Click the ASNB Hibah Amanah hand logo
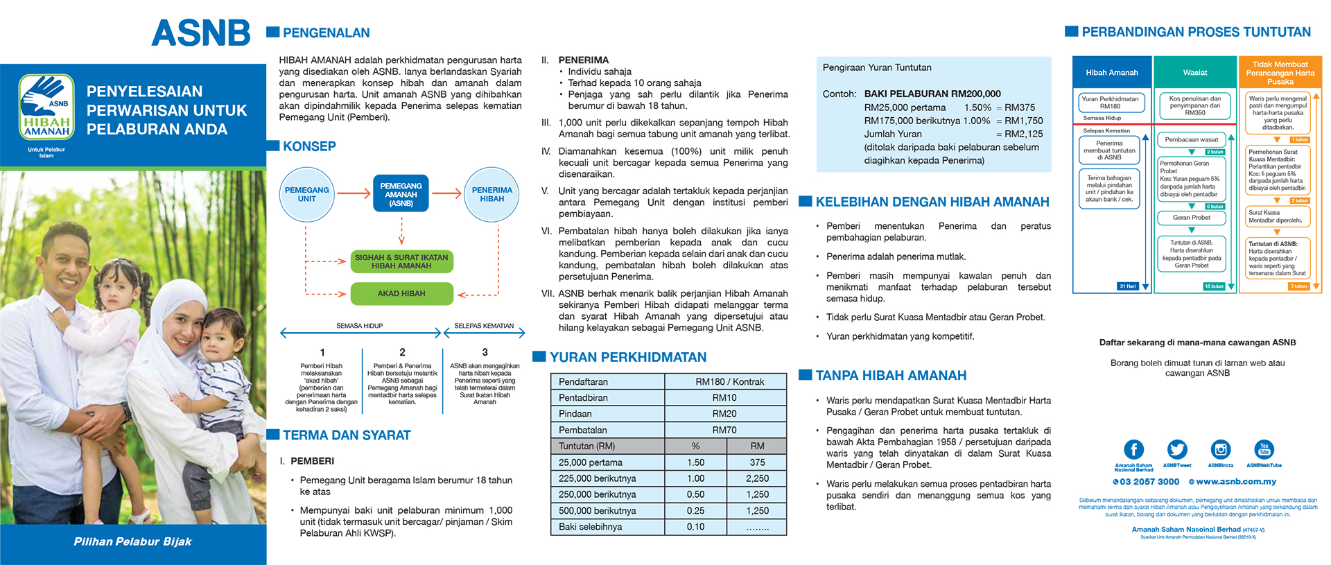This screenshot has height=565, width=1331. click(x=46, y=107)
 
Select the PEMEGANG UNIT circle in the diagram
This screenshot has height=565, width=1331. click(x=306, y=195)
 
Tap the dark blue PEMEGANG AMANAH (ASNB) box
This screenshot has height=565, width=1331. click(x=401, y=194)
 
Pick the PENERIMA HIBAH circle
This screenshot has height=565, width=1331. click(x=491, y=195)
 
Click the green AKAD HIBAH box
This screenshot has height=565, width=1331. click(x=401, y=293)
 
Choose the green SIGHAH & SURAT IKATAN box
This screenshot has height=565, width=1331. click(x=401, y=261)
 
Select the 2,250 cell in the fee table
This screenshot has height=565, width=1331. click(x=757, y=478)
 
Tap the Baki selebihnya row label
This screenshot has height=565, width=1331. click(x=591, y=527)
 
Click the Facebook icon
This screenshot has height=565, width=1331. click(x=1133, y=449)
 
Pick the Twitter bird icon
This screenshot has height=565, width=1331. click(x=1177, y=449)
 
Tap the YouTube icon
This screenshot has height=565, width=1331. click(x=1264, y=449)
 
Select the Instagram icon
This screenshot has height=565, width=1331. click(x=1220, y=449)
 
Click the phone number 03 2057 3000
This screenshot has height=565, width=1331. click(x=1149, y=482)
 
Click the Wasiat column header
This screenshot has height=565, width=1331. click(x=1194, y=72)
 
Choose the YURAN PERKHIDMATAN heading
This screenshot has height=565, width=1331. click(x=628, y=357)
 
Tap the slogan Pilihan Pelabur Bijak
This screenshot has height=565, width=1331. click(x=132, y=541)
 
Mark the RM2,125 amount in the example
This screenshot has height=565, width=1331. click(x=1024, y=134)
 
